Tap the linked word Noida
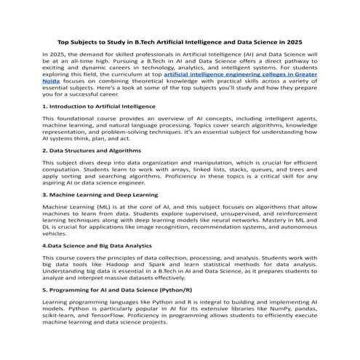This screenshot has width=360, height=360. (x=52, y=83)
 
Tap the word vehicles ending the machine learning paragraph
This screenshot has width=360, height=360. (x=57, y=233)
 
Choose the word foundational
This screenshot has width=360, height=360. (x=73, y=117)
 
